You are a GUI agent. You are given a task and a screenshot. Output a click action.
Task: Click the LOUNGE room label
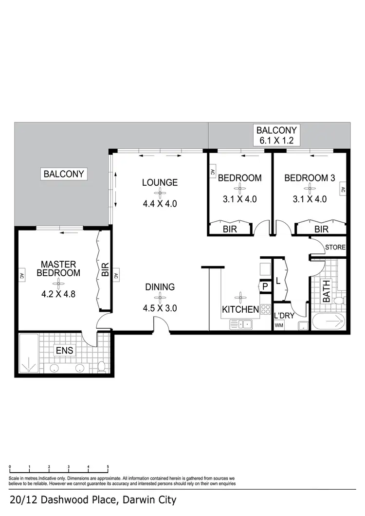click(x=160, y=183)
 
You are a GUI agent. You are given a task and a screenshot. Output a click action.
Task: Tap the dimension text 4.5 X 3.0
click(x=160, y=308)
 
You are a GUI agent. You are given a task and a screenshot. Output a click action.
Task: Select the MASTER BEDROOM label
click(x=58, y=268)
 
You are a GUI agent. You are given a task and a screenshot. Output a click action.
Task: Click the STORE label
click(x=335, y=248)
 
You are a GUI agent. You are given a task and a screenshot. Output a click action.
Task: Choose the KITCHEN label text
click(x=240, y=309)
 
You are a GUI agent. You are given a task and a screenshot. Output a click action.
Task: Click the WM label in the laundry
click(x=279, y=325)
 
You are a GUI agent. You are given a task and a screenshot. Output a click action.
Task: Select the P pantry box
click(x=265, y=287)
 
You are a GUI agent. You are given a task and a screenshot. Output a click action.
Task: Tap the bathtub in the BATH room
click(x=328, y=322)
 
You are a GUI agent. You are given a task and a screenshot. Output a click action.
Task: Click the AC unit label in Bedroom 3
click(x=343, y=190)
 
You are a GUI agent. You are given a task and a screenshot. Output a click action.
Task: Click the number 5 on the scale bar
click(x=108, y=467)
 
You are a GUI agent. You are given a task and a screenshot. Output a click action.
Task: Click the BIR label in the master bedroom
click(x=105, y=271)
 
